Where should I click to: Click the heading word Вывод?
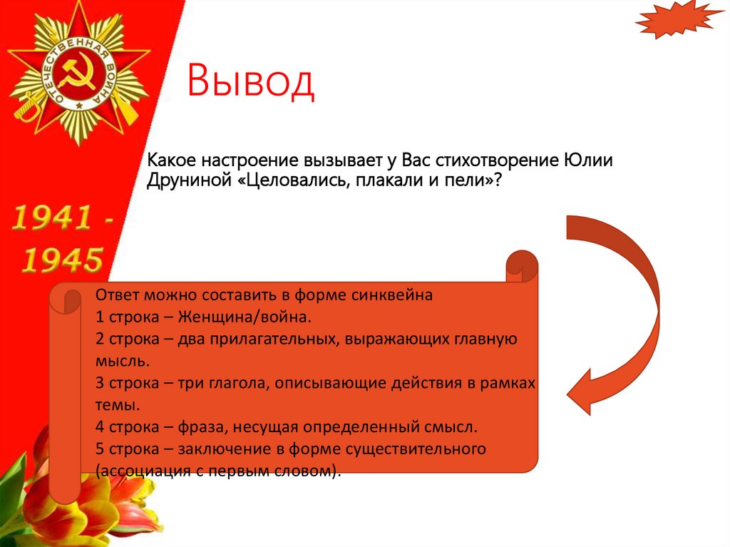[x=250, y=81]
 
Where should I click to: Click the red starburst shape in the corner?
[x=678, y=20]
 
